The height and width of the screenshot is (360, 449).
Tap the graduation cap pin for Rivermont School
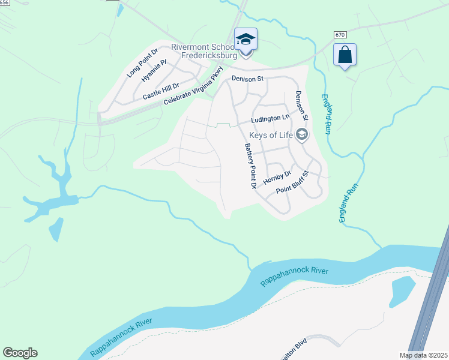246,40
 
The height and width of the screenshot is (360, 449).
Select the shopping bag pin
345,55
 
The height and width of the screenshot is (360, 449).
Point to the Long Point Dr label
142,63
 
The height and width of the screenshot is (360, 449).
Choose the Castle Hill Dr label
161,91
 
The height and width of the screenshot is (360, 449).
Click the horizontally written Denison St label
248,79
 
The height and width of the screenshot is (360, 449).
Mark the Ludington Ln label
270,119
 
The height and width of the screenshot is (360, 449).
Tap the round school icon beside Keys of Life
302,134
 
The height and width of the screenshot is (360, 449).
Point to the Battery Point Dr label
249,166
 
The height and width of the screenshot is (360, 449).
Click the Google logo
20,353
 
